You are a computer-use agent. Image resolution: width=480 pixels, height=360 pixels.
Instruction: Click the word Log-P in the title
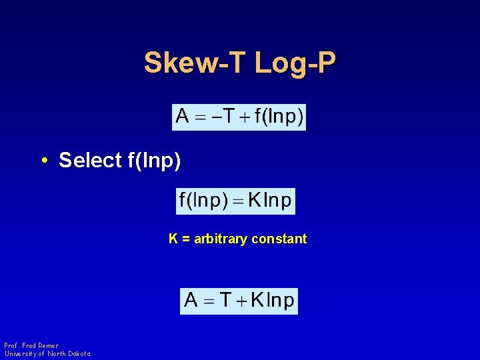tap(295, 63)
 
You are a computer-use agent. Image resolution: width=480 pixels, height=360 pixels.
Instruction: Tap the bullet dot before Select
tap(43, 161)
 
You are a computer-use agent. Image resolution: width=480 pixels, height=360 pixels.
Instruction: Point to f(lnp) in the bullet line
tap(153, 161)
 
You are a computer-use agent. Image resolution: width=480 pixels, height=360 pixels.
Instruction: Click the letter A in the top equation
tap(183, 117)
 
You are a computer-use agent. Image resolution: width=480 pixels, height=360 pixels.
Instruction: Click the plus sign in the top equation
tap(246, 118)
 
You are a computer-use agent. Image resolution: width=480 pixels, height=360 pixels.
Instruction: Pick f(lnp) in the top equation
tap(279, 118)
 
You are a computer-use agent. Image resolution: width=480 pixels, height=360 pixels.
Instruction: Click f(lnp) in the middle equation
tap(203, 201)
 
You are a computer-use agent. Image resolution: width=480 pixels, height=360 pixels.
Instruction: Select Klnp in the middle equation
tap(270, 201)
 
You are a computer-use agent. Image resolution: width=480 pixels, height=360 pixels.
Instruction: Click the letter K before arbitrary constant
tap(173, 239)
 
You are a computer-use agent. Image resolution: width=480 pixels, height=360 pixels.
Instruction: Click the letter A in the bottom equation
tap(191, 301)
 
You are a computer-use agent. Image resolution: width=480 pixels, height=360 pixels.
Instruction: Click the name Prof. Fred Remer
tap(31, 345)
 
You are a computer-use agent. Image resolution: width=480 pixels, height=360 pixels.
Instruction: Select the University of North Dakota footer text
tap(47, 353)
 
